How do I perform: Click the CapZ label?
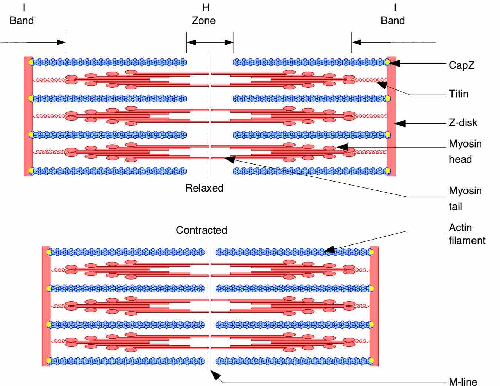461,65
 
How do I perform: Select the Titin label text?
459,94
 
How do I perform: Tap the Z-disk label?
463,123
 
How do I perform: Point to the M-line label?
463,382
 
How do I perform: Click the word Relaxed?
204,188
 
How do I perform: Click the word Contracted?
201,230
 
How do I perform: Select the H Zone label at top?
204,14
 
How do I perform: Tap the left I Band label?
22,14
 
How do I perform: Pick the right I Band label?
393,14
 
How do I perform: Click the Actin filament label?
467,234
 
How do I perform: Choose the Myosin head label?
465,151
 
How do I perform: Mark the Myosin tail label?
465,198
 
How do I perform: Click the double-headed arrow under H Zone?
210,42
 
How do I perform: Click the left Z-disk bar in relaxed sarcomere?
28,116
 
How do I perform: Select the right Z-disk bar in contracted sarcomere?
374,306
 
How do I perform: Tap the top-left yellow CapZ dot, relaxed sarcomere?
31,62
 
